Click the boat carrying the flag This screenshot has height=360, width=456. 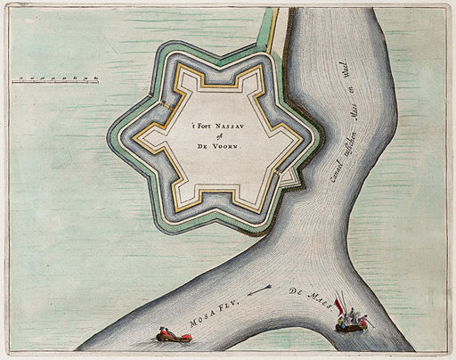point(351,322)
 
